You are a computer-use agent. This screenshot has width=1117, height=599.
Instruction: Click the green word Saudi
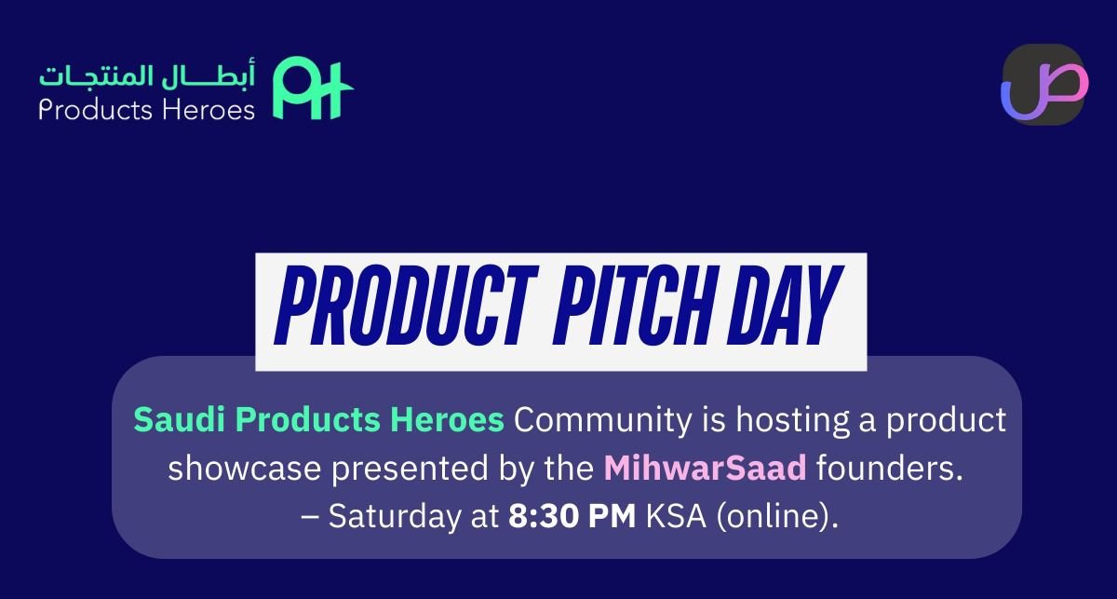(x=168, y=419)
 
